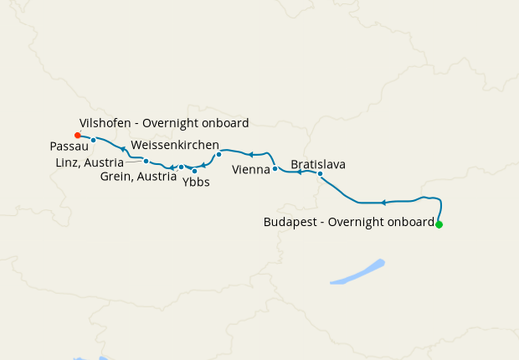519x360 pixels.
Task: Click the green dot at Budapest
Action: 439,224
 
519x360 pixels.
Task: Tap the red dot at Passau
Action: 77,135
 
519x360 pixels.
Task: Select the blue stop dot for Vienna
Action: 275,169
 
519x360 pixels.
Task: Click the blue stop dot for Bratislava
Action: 320,174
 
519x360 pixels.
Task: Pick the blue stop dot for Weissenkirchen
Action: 218,154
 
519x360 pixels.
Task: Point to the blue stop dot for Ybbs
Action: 194,171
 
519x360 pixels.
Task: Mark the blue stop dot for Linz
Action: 146,161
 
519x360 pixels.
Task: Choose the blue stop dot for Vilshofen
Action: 94,140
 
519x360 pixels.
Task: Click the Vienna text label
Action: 250,169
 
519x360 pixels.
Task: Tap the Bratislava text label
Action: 318,164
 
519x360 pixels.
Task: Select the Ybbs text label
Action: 196,182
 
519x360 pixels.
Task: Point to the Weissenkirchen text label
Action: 175,145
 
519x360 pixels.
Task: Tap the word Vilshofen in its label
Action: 105,123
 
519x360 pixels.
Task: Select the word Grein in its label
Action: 116,177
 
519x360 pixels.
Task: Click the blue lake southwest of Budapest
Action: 357,273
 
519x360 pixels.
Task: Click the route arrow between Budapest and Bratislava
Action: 383,203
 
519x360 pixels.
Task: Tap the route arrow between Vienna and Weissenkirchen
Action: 249,154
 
